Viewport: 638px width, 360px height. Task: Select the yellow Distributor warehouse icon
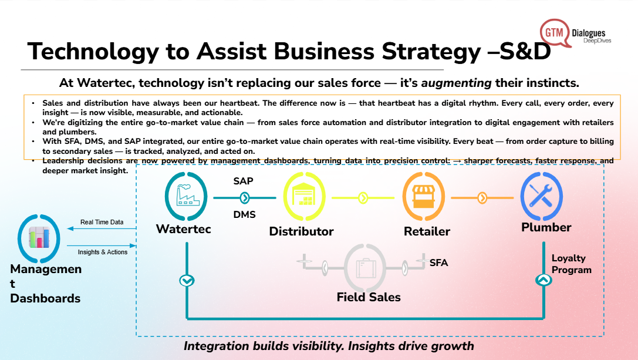(x=304, y=198)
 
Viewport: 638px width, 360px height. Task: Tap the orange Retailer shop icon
(x=423, y=198)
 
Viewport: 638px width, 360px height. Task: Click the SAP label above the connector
(x=243, y=181)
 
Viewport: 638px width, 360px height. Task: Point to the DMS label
(x=244, y=214)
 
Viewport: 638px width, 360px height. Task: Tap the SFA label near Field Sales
(x=438, y=263)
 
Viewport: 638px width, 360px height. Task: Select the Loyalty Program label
(x=571, y=264)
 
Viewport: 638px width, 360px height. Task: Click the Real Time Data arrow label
(x=102, y=222)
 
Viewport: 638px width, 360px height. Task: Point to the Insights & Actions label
(x=103, y=252)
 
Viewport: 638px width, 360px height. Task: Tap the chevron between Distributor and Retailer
(x=363, y=198)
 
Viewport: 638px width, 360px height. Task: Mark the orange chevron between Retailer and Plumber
(x=482, y=198)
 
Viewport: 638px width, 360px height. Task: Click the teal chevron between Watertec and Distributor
(x=244, y=198)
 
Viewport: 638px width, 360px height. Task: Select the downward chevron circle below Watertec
(x=187, y=281)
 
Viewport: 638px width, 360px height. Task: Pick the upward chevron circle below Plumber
(x=544, y=281)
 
